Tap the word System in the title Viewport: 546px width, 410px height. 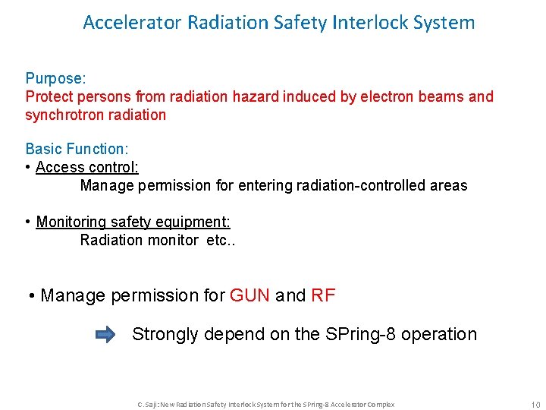[x=446, y=23]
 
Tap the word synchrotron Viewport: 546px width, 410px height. [x=62, y=115]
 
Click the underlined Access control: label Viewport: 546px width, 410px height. [x=86, y=166]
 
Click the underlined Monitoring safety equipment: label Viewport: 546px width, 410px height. [x=133, y=222]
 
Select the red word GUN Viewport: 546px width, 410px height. [x=249, y=295]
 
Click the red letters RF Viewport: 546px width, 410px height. [x=323, y=295]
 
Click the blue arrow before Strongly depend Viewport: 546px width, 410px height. [x=105, y=334]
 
